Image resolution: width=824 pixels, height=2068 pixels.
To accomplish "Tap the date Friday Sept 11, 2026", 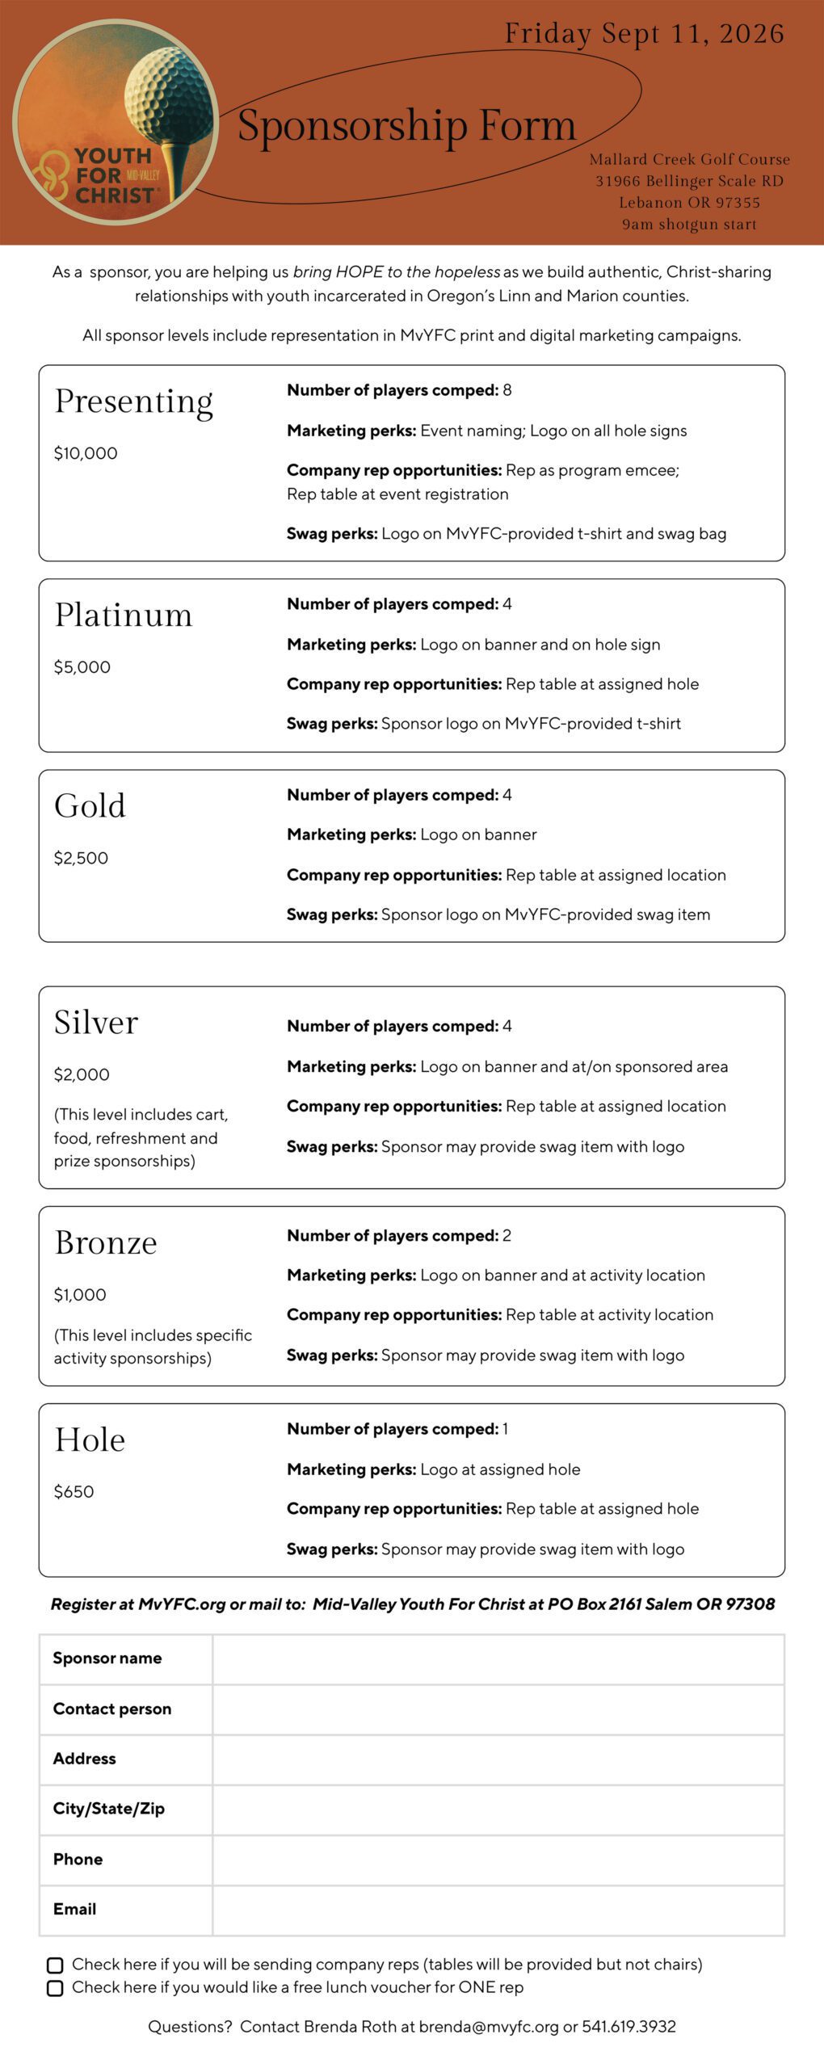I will [644, 34].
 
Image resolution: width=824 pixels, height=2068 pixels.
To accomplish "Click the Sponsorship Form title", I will [406, 126].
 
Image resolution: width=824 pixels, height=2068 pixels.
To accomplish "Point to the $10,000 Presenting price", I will [86, 453].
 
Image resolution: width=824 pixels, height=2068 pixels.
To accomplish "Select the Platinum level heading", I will [124, 616].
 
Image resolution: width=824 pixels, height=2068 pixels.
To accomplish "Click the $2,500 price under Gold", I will [81, 858].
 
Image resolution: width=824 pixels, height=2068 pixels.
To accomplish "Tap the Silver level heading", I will [96, 1023].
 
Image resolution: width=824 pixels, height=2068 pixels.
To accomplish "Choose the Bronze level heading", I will [106, 1243].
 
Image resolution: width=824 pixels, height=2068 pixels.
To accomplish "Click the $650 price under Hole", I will [74, 1491].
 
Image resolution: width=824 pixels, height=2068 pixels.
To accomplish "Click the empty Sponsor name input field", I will [498, 1658].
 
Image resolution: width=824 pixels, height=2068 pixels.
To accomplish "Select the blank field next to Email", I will [498, 1910].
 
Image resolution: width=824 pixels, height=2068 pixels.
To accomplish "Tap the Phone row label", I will [78, 1859].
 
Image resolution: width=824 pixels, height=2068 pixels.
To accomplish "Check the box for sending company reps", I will [55, 1965].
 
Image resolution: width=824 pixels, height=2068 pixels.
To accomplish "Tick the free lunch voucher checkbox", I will [55, 1988].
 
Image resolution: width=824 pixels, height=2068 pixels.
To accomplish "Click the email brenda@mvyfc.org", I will [488, 2026].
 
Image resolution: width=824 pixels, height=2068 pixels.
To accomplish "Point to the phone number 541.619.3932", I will [629, 2026].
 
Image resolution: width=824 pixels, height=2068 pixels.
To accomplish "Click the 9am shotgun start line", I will [689, 225].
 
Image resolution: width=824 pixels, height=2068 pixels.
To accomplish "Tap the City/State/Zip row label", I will [108, 1809].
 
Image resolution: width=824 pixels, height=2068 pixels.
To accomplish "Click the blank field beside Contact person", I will [498, 1709].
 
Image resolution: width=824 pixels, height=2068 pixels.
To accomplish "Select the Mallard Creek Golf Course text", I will [689, 159].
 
